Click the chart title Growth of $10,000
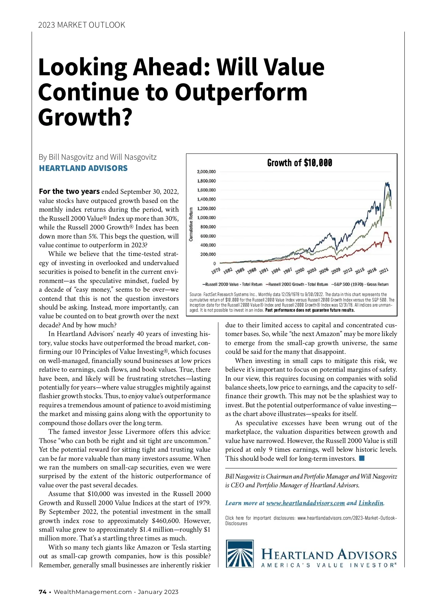point(299,163)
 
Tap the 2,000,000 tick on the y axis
point(206,172)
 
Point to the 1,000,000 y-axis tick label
point(206,217)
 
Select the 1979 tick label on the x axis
point(216,271)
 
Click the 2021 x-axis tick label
point(384,271)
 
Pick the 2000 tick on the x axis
point(299,271)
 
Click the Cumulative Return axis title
point(191,224)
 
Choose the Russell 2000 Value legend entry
point(233,284)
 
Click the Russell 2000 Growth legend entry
point(297,284)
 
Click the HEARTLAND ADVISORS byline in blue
point(83,168)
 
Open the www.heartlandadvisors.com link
point(305,503)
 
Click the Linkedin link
point(371,503)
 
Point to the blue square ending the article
point(362,458)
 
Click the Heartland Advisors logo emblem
point(240,554)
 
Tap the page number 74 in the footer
point(43,592)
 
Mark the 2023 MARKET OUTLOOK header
point(81,25)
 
